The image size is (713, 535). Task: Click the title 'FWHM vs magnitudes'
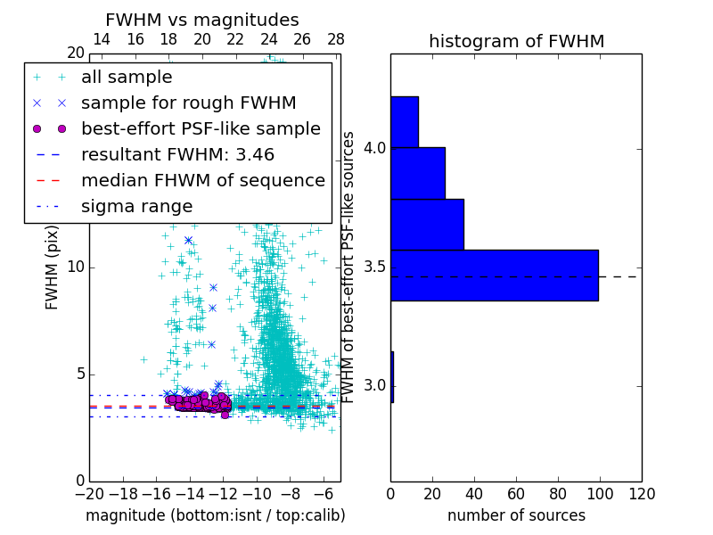coord(202,21)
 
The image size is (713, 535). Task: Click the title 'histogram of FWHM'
coord(516,42)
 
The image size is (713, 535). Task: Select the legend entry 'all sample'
coord(127,78)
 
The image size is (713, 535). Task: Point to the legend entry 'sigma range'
coord(136,207)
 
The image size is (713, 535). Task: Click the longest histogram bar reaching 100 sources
coord(494,276)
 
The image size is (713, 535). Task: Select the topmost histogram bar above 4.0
coord(405,121)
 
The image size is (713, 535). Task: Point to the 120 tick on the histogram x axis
coord(641,494)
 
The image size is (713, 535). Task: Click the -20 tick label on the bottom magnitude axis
coord(89,494)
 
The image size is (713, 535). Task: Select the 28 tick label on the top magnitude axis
coord(336,40)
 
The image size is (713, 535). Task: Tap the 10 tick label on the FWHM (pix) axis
coord(75,267)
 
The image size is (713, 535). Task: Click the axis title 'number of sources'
coord(516,515)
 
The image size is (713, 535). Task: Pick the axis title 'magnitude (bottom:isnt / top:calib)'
coord(215,515)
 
